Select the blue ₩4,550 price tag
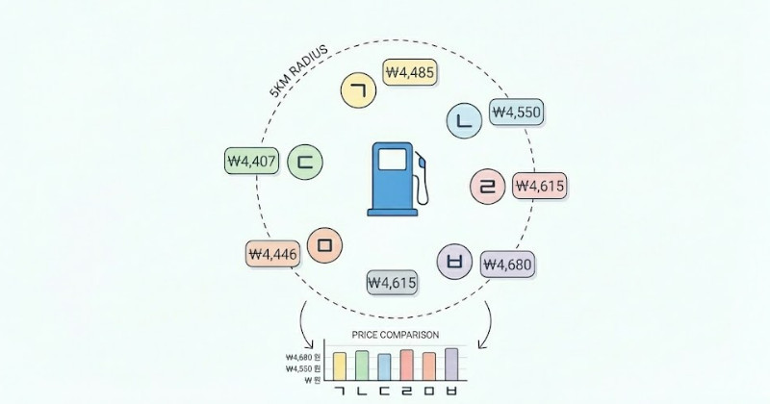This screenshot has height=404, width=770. (517, 112)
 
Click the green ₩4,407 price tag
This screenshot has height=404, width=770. (251, 161)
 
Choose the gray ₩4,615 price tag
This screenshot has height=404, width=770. (392, 282)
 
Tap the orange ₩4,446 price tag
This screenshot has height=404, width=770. (273, 254)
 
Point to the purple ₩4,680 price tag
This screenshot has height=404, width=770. (507, 264)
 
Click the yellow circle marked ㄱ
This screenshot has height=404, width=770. (359, 90)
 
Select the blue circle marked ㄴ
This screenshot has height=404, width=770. (465, 120)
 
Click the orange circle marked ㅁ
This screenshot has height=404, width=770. (324, 246)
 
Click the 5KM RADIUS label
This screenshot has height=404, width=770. (301, 72)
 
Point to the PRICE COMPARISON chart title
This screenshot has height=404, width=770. (396, 335)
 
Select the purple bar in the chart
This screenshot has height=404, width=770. (452, 364)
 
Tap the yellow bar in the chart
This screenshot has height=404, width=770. (339, 366)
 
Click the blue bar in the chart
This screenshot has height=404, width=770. (384, 366)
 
